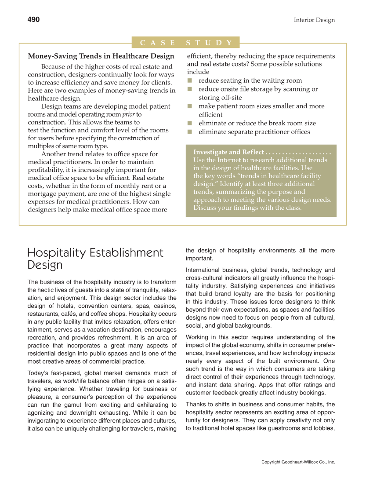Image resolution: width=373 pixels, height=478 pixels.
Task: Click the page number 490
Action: pyautogui.click(x=33, y=19)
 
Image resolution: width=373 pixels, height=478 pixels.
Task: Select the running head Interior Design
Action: pyautogui.click(x=314, y=20)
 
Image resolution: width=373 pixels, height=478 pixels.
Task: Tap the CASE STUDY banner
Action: pyautogui.click(x=186, y=43)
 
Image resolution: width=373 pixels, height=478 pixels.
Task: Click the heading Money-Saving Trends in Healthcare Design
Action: pyautogui.click(x=101, y=56)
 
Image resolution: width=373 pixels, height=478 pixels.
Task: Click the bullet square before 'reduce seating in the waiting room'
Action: pyautogui.click(x=190, y=80)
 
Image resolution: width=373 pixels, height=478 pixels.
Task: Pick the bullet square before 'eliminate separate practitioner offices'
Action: pyautogui.click(x=190, y=131)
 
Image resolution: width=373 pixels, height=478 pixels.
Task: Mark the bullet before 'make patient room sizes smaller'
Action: pyautogui.click(x=190, y=106)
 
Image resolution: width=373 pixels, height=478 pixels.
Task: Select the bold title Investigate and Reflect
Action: pyautogui.click(x=228, y=152)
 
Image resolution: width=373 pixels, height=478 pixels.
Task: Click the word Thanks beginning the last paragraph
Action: pyautogui.click(x=196, y=404)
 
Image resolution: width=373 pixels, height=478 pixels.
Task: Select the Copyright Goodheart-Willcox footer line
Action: pyautogui.click(x=298, y=462)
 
